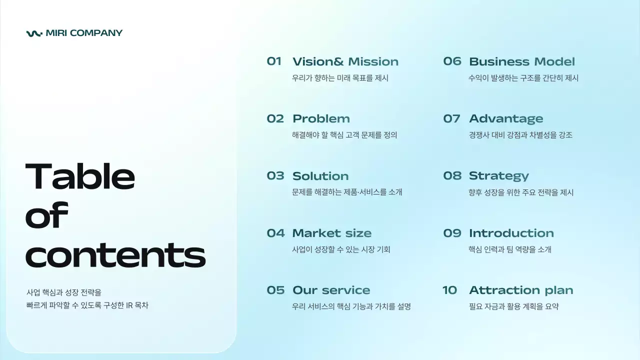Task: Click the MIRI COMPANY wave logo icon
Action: click(x=34, y=33)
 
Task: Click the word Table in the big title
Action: click(x=80, y=176)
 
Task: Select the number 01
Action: click(x=274, y=61)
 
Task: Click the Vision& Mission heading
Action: click(x=345, y=62)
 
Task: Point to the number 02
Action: click(x=275, y=119)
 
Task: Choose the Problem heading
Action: click(x=321, y=119)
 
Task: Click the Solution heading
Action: click(x=320, y=176)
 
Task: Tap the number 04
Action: click(x=275, y=233)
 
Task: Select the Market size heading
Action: click(x=331, y=233)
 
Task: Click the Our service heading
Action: click(x=331, y=290)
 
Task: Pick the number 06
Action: click(x=452, y=61)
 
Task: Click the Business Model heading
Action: click(x=521, y=62)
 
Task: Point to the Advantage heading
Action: click(x=505, y=119)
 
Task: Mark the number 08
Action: click(x=452, y=176)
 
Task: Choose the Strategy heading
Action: click(x=498, y=176)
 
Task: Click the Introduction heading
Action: click(x=511, y=233)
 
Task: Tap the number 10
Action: click(x=449, y=290)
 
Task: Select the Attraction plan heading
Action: click(x=520, y=290)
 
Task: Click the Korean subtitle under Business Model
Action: click(x=523, y=78)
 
